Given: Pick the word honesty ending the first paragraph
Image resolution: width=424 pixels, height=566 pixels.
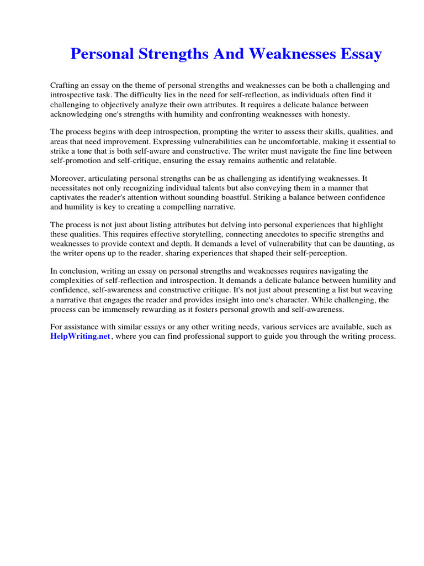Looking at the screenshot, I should tap(334, 114).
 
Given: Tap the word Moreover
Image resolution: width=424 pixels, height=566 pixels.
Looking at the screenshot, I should tap(68, 179).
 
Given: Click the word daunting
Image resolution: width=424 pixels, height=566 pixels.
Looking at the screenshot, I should tap(364, 244).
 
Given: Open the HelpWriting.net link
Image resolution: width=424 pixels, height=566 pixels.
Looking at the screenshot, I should tap(81, 337).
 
